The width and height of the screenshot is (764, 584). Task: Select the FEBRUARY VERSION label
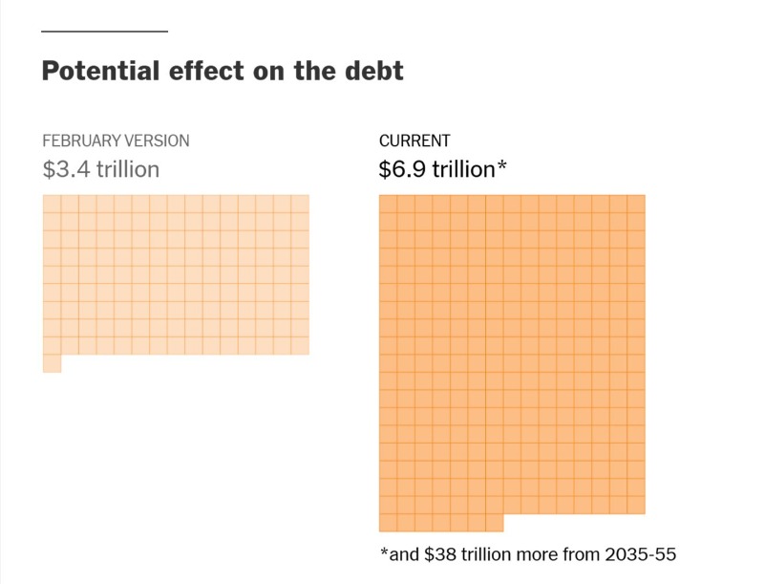(x=116, y=141)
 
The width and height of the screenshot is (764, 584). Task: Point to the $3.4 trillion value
(x=100, y=169)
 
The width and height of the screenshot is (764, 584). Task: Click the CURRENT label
(x=414, y=141)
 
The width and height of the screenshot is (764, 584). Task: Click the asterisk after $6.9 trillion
(x=501, y=167)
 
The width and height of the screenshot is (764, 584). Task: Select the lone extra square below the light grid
(x=52, y=363)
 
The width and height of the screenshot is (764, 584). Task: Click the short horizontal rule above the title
(x=104, y=32)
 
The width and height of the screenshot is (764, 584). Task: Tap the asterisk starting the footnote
(x=384, y=552)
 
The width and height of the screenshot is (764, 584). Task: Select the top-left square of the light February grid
(x=52, y=204)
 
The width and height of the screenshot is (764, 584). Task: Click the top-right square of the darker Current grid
(x=636, y=204)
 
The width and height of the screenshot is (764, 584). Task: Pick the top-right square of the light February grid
(x=300, y=204)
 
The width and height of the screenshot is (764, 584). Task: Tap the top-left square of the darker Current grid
(x=388, y=204)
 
